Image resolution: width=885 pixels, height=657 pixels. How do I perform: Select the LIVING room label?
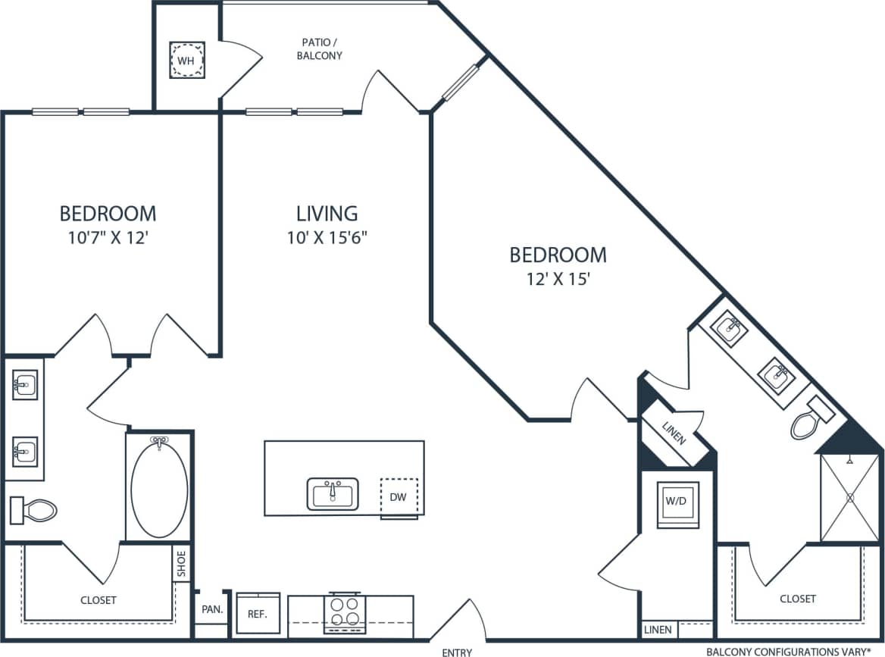[327, 214]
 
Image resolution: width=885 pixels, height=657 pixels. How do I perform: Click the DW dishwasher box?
[399, 497]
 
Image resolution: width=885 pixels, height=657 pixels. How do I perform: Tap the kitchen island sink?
[333, 494]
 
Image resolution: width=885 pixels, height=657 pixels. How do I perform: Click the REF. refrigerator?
[258, 615]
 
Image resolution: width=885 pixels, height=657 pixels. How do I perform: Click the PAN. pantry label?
[211, 609]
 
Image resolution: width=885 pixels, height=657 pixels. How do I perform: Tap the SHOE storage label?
[181, 564]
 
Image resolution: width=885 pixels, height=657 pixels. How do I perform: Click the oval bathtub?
[159, 486]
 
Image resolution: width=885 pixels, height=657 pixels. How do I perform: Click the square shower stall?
[850, 497]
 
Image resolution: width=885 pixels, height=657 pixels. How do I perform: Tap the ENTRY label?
[457, 652]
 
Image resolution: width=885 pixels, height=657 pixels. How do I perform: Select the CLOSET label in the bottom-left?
[99, 600]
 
